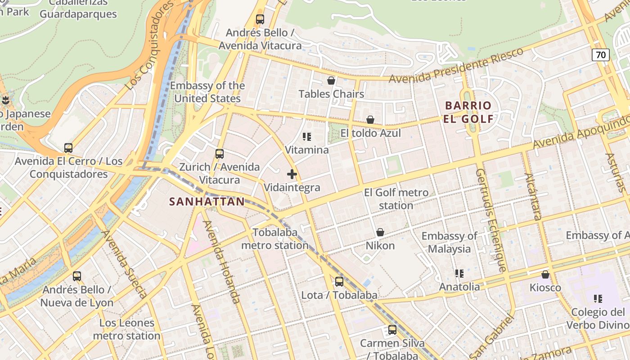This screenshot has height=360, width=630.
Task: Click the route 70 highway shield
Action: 600,55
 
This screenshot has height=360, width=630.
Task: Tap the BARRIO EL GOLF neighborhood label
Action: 468,112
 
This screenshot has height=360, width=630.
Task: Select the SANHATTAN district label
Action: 207,201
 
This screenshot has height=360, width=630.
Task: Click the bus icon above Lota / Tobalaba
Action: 339,282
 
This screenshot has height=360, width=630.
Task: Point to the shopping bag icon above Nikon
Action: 380,232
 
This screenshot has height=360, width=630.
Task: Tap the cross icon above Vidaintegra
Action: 292,174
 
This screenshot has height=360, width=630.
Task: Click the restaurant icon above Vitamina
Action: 307,136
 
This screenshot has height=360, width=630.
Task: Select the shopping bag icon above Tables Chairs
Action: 331,81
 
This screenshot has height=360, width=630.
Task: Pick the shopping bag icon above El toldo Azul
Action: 370,120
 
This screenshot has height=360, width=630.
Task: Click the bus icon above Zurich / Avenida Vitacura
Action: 220,153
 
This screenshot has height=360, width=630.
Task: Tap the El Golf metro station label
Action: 396,199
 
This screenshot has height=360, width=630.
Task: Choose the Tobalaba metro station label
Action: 275,239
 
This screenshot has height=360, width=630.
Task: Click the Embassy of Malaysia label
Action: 449,243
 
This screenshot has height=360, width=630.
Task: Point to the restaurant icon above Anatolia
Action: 459,273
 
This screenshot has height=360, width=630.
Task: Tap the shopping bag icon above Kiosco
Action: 545,274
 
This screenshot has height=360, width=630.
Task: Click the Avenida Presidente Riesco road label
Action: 456,66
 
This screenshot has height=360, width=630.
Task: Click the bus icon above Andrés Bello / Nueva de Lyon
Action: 77,276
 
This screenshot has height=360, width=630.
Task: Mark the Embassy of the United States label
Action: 207,92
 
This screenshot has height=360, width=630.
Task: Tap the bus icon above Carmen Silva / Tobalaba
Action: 392,330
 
